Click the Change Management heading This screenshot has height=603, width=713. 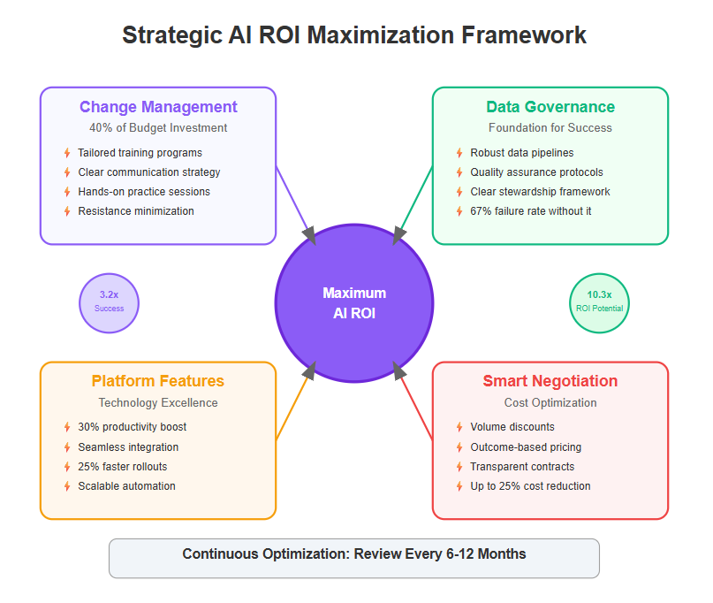point(158,107)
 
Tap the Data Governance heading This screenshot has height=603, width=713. point(550,107)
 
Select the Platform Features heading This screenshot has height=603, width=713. point(158,381)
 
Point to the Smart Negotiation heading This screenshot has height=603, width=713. point(550,381)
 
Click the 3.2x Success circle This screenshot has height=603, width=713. point(110,303)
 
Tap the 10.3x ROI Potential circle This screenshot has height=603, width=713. point(599,303)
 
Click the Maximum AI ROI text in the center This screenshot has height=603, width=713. point(354,303)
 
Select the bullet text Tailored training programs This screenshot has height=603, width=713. point(140,153)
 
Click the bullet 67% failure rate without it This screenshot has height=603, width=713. point(531,211)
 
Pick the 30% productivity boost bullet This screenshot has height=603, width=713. point(133,427)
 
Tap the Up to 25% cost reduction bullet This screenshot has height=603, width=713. point(530,486)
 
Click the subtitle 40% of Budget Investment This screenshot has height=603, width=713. point(158,128)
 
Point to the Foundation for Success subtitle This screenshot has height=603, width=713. point(550,128)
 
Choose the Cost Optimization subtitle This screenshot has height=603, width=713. point(550,403)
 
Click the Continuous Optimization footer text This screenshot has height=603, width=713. point(354,553)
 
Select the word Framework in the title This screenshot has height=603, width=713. point(524,35)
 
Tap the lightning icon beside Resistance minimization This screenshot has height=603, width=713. point(67,211)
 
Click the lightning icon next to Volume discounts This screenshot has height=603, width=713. point(459,427)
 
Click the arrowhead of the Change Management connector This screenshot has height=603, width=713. point(309,236)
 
